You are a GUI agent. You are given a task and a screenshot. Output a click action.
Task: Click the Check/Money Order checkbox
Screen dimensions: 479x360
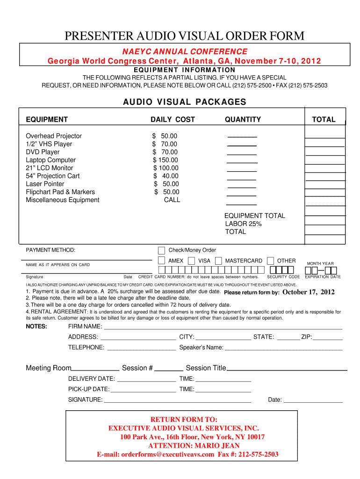162,250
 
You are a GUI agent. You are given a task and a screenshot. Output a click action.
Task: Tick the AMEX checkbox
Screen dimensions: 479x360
162,261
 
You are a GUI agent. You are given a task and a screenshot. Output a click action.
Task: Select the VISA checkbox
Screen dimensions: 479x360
192,261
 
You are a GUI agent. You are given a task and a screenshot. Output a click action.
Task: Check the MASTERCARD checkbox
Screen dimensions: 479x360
218,261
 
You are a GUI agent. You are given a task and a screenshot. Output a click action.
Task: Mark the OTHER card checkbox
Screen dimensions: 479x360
270,261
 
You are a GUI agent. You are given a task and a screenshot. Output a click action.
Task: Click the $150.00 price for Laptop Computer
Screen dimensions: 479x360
165,160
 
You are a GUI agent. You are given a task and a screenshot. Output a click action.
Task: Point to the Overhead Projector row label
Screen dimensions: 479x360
53,136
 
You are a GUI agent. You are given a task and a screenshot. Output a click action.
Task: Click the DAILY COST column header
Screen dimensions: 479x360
173,120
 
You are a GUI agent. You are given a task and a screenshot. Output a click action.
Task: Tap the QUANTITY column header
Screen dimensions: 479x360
243,120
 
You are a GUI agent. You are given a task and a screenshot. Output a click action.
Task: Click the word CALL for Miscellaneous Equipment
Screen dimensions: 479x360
172,200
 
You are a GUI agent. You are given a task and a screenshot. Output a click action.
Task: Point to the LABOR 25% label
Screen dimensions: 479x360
243,224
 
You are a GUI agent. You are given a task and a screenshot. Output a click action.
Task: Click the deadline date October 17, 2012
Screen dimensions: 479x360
309,292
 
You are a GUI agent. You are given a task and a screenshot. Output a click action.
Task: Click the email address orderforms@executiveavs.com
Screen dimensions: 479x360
168,454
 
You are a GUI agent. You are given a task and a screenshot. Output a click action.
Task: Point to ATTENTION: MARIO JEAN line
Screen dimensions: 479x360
194,446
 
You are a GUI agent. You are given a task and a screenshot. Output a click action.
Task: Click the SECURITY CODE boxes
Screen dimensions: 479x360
282,270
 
